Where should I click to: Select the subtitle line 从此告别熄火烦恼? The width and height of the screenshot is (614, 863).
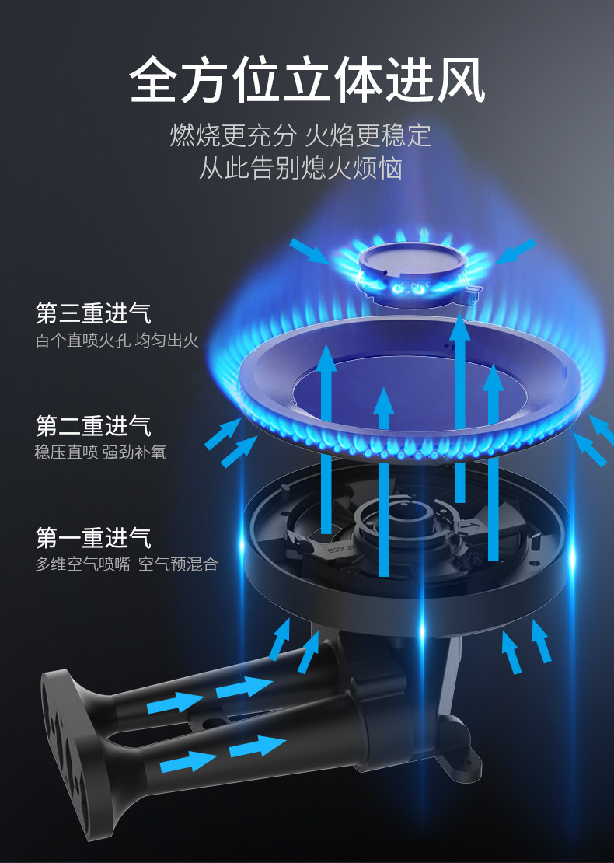tap(300, 169)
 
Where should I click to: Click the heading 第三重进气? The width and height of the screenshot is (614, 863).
tap(93, 314)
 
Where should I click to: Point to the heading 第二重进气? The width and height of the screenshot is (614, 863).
tap(93, 426)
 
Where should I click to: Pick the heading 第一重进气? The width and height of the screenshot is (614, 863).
tap(93, 537)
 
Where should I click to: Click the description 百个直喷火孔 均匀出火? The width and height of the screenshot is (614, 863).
tap(117, 341)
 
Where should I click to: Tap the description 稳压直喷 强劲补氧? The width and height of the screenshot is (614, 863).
tap(100, 452)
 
